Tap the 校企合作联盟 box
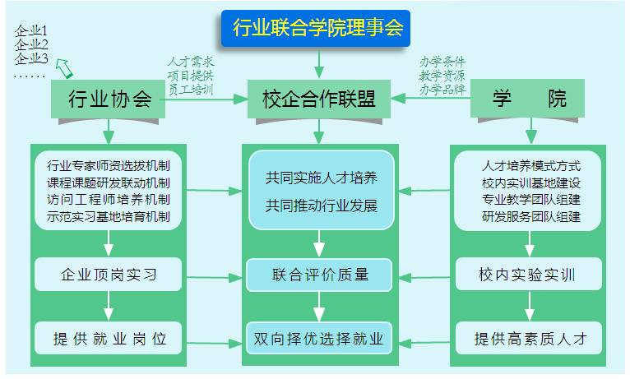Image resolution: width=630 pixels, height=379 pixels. pyautogui.click(x=318, y=99)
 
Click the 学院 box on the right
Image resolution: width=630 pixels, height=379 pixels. pyautogui.click(x=529, y=99)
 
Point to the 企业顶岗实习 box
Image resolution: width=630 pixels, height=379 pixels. pyautogui.click(x=108, y=274)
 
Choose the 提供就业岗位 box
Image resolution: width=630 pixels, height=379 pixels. pyautogui.click(x=108, y=337)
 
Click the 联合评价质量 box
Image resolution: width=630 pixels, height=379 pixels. pyautogui.click(x=320, y=275)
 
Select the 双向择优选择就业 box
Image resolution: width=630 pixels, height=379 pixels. pyautogui.click(x=320, y=337)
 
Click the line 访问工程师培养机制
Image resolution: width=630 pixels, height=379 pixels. pyautogui.click(x=109, y=199)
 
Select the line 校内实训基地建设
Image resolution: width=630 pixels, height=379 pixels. pyautogui.click(x=531, y=182)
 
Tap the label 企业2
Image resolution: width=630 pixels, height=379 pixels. pyautogui.click(x=31, y=44)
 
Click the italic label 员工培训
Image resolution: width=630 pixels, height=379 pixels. pyautogui.click(x=190, y=89)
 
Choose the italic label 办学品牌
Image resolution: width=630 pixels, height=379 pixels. pyautogui.click(x=442, y=89)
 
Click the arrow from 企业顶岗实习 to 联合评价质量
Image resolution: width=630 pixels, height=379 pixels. pyautogui.click(x=214, y=276)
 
